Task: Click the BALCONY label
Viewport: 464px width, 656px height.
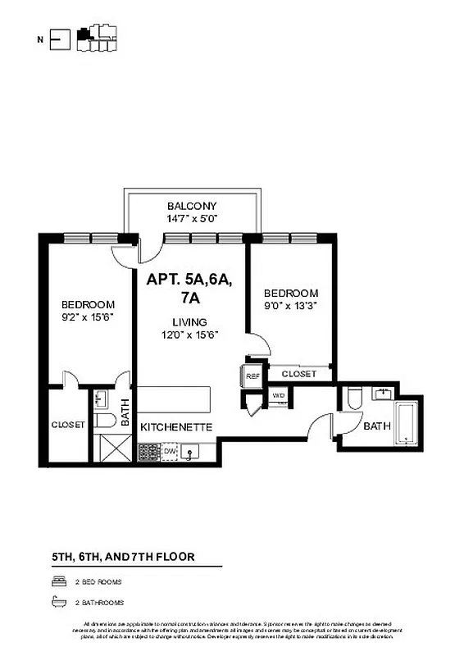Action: (192, 206)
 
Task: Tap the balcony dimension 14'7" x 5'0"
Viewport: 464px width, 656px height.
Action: (192, 218)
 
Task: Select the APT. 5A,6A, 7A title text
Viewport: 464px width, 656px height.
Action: (189, 288)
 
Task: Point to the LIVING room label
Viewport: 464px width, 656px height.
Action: (189, 322)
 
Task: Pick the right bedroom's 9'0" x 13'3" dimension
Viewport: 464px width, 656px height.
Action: (290, 305)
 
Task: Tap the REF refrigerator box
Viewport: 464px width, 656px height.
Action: (252, 376)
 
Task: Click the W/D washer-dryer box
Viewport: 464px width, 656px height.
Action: (279, 395)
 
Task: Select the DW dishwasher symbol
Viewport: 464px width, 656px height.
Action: (170, 450)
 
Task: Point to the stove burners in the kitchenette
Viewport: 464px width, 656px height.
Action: (148, 451)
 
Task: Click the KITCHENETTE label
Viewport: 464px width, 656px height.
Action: (177, 427)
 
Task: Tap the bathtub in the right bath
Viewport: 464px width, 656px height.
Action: (407, 423)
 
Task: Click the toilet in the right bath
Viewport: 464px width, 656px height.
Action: (354, 399)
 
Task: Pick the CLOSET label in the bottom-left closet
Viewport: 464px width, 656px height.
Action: (67, 425)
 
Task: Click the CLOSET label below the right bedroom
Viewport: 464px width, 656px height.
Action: (298, 374)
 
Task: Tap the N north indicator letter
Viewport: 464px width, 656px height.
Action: (40, 38)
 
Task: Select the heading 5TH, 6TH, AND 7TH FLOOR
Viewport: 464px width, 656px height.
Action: (123, 557)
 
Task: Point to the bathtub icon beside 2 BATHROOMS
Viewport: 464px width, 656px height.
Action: (57, 600)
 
